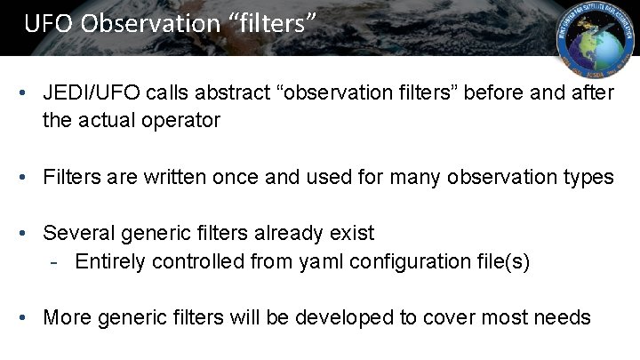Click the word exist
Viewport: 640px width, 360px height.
coord(354,234)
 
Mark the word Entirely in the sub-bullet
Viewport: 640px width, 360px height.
coord(111,261)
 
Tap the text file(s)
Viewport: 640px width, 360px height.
coord(500,261)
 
